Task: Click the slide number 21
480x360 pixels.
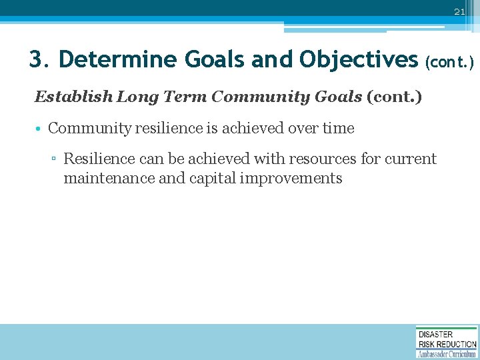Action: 459,12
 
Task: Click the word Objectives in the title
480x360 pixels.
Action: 359,60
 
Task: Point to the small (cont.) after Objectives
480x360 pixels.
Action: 449,62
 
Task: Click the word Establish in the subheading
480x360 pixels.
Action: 73,97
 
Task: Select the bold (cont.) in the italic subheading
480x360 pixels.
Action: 394,97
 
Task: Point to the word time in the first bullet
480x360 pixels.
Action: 338,128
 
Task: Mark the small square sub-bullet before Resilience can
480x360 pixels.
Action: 55,160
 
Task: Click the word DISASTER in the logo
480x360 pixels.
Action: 436,334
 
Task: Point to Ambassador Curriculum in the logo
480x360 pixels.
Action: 447,353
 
